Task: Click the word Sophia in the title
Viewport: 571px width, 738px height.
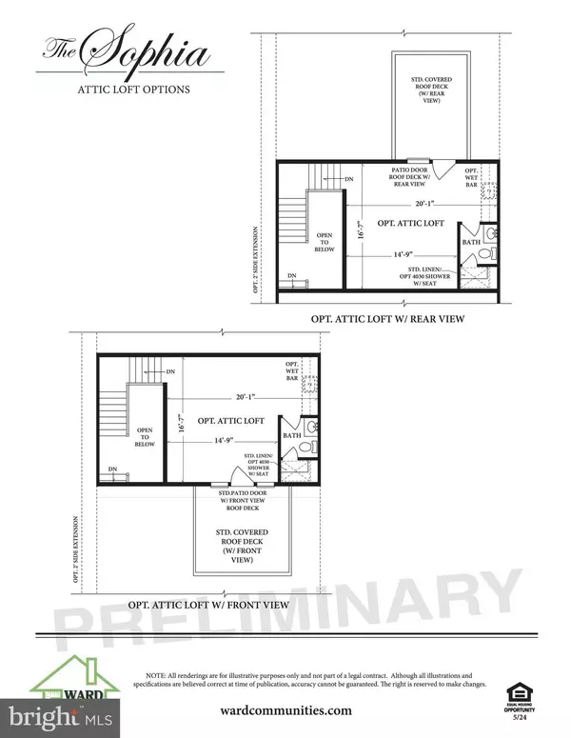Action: pos(157,52)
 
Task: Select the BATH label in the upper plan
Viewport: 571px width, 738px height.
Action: pos(471,243)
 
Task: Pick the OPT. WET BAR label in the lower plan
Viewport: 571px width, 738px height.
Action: pos(293,372)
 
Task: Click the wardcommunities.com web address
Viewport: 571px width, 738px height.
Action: pos(285,708)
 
